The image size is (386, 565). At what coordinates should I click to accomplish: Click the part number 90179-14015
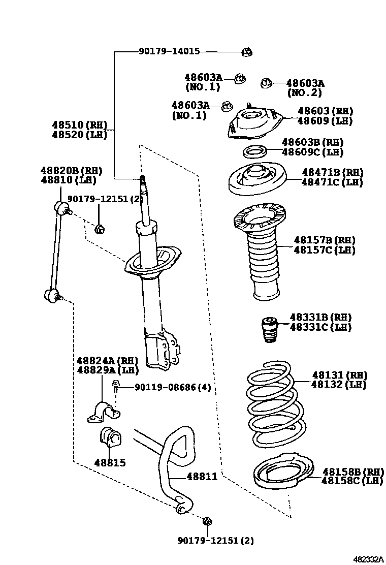click(x=169, y=51)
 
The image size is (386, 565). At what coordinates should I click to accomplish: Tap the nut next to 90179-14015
click(x=247, y=51)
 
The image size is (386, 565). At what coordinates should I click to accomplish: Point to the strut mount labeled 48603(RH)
click(x=253, y=124)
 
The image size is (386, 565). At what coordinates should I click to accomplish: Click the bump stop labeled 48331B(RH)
click(x=269, y=330)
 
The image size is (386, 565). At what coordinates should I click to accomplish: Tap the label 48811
click(x=202, y=477)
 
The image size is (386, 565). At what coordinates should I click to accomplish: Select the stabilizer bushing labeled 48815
click(x=109, y=438)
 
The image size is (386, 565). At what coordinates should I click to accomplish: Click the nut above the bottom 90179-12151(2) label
click(x=207, y=521)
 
